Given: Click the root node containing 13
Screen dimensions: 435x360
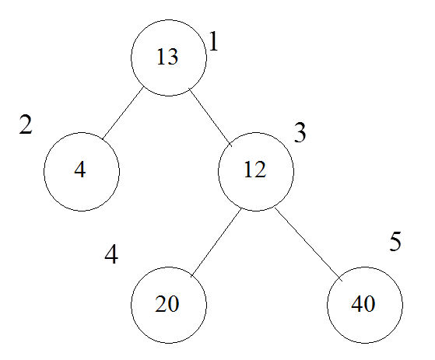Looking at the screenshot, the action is point(169,58).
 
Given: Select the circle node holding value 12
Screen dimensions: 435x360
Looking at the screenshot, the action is point(256,172).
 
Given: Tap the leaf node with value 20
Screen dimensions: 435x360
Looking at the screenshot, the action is point(169,305).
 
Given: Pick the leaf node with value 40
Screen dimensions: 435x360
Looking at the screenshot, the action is point(365,305).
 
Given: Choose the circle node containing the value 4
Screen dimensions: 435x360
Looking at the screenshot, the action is point(82,172).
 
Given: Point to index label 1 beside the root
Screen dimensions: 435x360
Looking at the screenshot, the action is point(213,41).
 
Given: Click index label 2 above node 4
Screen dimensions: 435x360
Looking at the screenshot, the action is point(26,124).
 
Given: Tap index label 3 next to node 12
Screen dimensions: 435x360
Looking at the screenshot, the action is point(300,132).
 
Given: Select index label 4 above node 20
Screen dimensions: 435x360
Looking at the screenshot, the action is point(111,253).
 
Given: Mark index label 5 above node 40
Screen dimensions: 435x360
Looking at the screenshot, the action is point(395,241).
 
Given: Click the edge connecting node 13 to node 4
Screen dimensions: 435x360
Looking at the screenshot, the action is point(122,114).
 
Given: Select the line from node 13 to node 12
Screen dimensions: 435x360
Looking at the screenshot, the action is point(210,117).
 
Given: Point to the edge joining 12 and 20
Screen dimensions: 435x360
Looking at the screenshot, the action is point(216,243).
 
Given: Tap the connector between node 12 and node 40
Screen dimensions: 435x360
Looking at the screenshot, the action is point(308,244).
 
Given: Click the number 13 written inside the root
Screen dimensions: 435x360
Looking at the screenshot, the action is point(167,57).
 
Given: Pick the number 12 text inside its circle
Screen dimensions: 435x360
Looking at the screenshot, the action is point(255,170).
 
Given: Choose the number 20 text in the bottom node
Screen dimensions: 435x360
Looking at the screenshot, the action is point(167,304).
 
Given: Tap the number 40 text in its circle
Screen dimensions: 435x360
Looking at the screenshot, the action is point(363,304).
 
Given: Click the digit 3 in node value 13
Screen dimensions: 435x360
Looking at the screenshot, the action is point(173,57).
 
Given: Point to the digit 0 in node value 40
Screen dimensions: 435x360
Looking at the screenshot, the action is point(370,304).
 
